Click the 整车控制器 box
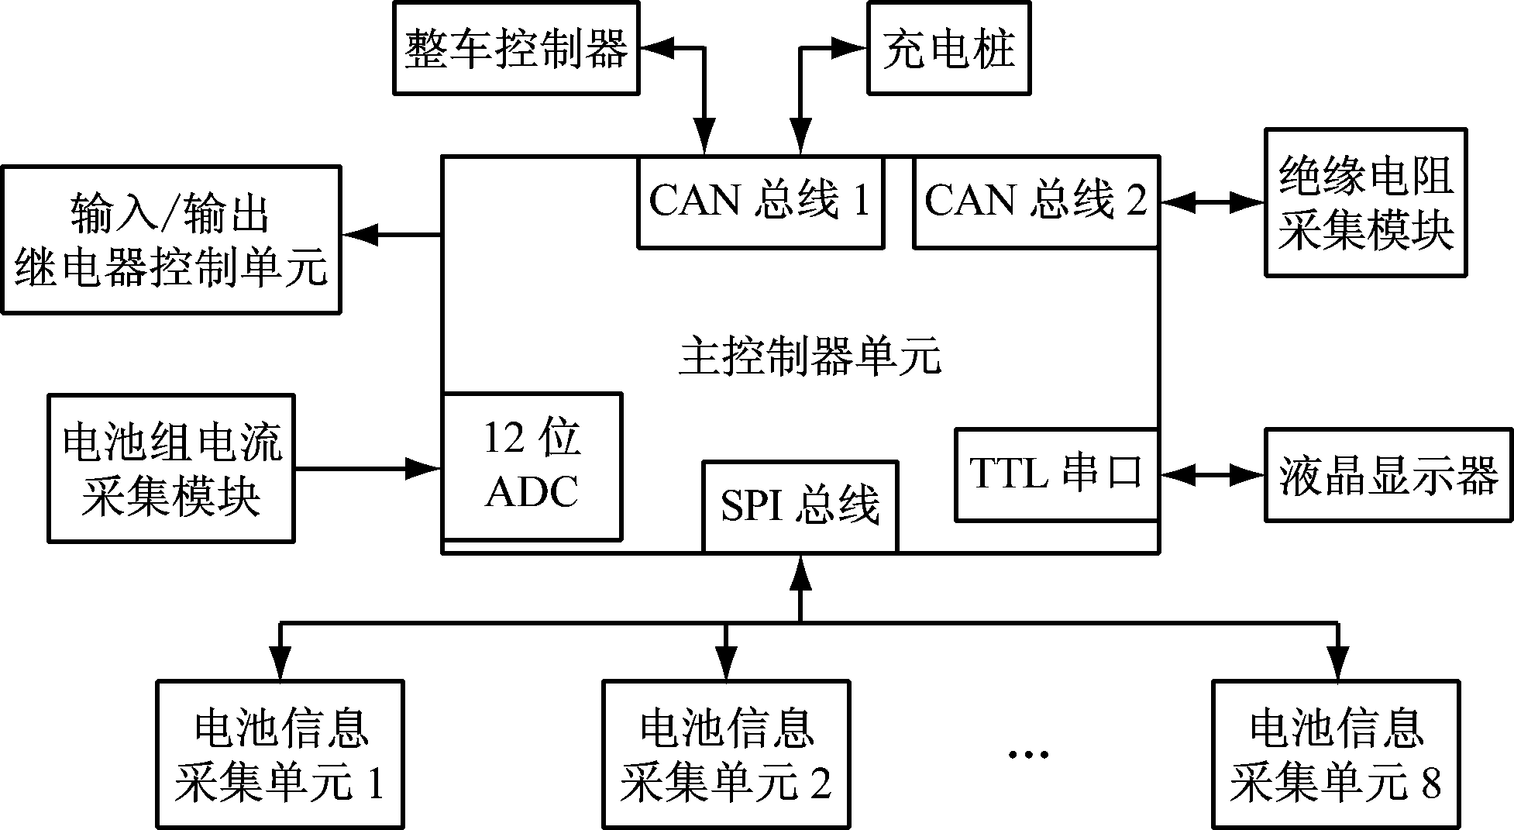click(x=516, y=48)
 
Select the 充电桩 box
click(x=948, y=48)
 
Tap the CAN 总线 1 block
click(x=760, y=202)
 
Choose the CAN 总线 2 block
click(x=1036, y=202)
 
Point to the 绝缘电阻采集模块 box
click(x=1365, y=202)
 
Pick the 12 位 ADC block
click(x=532, y=466)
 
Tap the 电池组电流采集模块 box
click(x=170, y=468)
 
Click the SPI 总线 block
click(x=800, y=506)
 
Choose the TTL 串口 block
click(x=1056, y=474)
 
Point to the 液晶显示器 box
click(x=1388, y=475)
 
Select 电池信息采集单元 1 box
click(x=280, y=754)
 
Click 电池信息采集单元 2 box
click(x=725, y=754)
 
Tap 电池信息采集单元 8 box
click(x=1336, y=754)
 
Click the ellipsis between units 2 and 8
click(x=1028, y=754)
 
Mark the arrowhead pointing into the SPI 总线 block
click(x=800, y=570)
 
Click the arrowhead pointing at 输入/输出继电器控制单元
click(x=360, y=234)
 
